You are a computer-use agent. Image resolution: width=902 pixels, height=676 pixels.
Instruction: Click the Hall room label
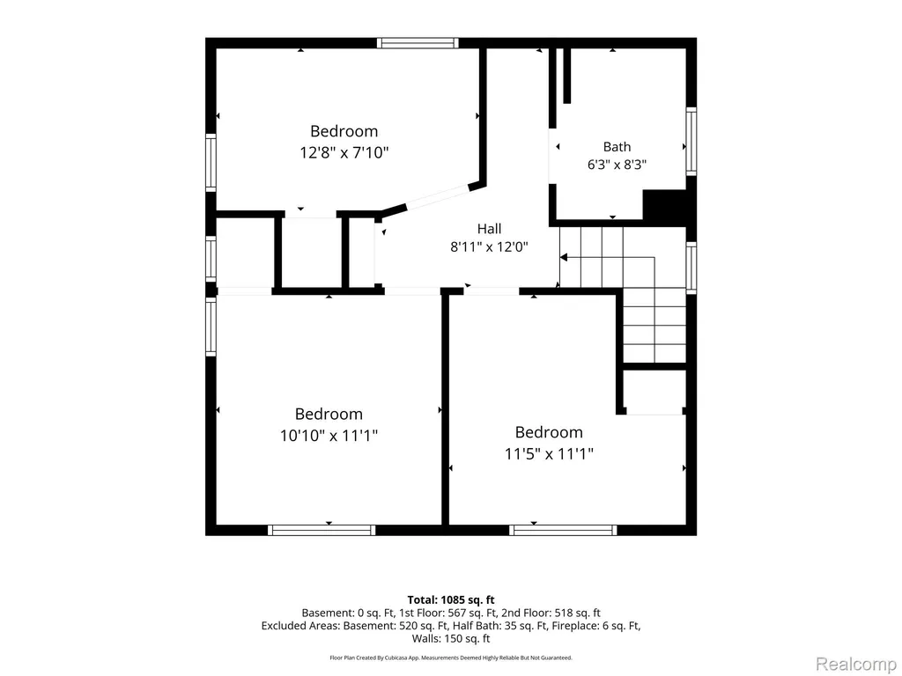click(x=489, y=229)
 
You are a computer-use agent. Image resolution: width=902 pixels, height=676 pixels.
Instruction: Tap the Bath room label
click(x=617, y=147)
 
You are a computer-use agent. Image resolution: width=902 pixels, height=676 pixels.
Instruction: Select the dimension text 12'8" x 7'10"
click(x=344, y=153)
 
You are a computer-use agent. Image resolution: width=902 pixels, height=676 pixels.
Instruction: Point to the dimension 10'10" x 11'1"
click(x=329, y=436)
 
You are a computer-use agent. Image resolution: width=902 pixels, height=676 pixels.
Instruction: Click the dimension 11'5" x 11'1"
click(x=549, y=454)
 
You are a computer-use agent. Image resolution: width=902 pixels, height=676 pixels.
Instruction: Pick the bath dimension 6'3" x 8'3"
click(x=617, y=165)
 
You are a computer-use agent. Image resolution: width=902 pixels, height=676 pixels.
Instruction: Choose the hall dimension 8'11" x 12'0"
click(x=489, y=247)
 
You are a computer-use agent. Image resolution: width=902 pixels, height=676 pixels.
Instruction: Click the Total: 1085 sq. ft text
click(x=451, y=600)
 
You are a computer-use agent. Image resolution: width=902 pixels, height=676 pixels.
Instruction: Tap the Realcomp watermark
click(x=856, y=664)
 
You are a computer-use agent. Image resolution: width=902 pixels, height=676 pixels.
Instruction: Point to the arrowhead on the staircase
click(x=564, y=258)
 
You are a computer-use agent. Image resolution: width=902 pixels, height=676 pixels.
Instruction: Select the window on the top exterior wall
click(x=418, y=42)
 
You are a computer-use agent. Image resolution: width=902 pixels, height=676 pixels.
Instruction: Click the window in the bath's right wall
click(x=691, y=141)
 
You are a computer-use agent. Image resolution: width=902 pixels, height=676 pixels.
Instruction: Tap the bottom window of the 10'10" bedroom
click(x=322, y=530)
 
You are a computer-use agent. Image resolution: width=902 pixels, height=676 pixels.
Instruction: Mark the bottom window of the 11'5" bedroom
click(x=563, y=530)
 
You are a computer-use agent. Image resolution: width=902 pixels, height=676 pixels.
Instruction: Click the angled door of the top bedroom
click(x=438, y=196)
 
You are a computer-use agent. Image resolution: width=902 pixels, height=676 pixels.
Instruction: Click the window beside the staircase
click(x=691, y=268)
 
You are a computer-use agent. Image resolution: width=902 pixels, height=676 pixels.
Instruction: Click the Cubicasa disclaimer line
click(x=451, y=658)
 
